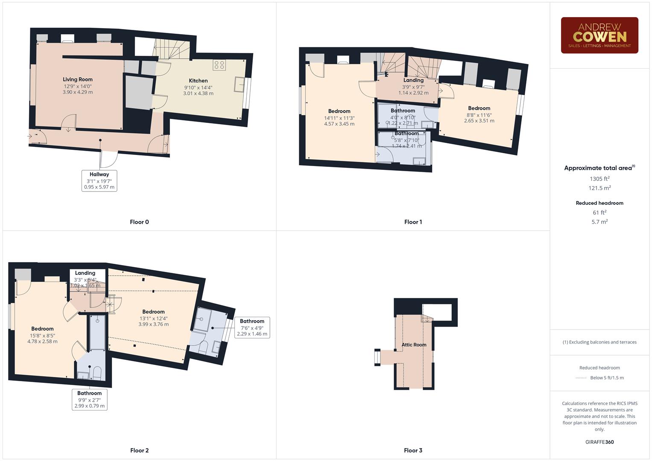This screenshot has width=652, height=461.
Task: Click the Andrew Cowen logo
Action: point(599,35)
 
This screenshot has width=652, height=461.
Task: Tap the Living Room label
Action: point(78,79)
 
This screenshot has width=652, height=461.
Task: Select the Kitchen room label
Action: point(198,81)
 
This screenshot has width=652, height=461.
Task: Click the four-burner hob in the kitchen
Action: point(219,65)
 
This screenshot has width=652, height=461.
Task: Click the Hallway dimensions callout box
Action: point(99,181)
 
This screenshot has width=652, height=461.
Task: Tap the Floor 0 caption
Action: point(139,222)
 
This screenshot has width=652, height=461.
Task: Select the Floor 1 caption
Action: point(413,222)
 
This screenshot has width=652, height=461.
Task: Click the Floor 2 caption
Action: point(139,450)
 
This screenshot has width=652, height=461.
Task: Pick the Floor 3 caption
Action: point(413,450)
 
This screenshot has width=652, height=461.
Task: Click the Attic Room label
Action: point(414,345)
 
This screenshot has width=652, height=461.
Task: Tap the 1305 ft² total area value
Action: point(599,179)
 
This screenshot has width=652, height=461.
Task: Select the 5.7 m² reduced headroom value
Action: point(599,222)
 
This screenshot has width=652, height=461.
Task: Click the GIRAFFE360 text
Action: point(599,442)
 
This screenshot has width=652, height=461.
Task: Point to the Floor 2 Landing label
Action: point(85,273)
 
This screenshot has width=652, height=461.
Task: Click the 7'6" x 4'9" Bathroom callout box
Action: point(252,327)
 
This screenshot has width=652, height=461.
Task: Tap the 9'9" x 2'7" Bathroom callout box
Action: point(90,400)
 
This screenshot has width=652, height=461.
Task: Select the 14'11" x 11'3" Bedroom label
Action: point(339,111)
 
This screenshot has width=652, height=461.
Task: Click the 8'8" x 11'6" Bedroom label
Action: point(479,108)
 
